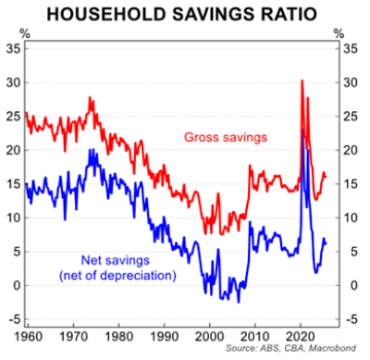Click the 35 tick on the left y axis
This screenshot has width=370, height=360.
pos(12,49)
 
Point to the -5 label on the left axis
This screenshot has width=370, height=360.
pos(12,318)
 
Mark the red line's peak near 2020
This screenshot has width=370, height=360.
pos(302,81)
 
